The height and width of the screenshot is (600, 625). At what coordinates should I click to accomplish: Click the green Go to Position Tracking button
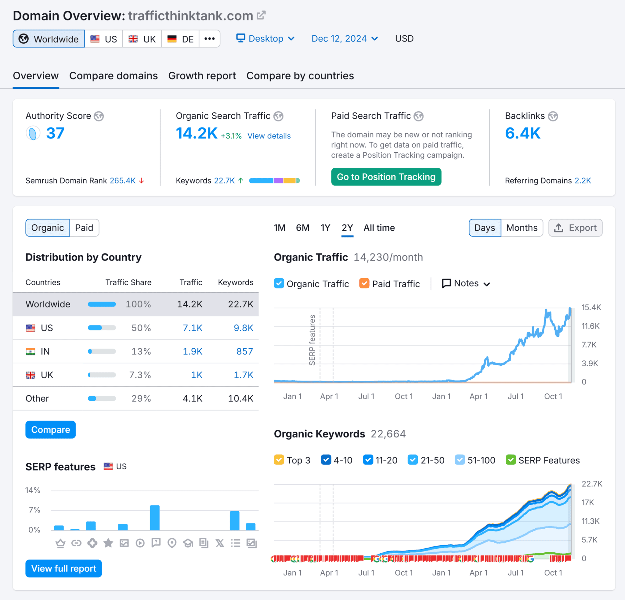coord(386,177)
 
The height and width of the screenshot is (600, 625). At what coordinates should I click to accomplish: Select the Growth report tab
coord(202,76)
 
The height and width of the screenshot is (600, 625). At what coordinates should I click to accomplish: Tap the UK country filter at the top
coord(142,39)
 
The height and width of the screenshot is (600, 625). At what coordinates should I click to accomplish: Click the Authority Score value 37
coord(55,133)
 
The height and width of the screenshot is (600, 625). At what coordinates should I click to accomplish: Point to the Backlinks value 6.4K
coord(522,133)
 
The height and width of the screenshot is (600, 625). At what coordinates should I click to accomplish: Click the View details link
coord(269,136)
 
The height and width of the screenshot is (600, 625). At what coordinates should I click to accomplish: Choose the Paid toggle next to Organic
coord(84,228)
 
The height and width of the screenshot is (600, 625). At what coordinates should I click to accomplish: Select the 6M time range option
coord(302,228)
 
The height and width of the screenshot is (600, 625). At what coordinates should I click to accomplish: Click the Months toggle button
coord(521,228)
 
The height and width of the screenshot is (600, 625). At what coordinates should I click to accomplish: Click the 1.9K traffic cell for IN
coord(192,351)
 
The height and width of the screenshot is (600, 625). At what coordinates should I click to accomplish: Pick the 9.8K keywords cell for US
coord(243,328)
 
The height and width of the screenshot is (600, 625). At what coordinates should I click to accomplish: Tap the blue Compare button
coord(50,429)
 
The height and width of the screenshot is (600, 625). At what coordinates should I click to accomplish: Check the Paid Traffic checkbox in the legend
coord(364,283)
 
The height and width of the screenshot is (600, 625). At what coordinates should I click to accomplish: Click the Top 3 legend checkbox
coord(279,460)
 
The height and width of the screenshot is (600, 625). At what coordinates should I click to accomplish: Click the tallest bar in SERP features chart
coord(155,518)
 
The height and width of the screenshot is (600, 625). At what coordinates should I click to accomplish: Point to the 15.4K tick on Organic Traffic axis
coord(591,307)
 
